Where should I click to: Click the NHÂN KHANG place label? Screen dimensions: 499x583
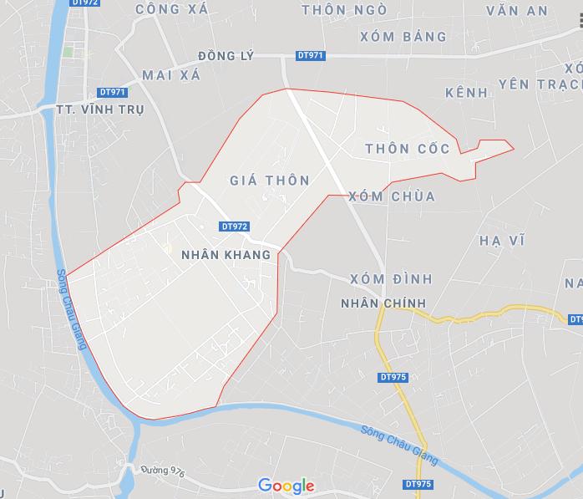point(225,255)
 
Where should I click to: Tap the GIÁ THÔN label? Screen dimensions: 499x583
point(269,181)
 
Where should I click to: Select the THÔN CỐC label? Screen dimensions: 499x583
point(408,149)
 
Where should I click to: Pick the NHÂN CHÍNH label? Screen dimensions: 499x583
point(384,303)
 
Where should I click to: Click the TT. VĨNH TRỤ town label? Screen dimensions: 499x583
point(100,109)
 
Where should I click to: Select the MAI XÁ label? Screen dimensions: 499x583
point(168,75)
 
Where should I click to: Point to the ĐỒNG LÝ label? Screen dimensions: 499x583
point(225,55)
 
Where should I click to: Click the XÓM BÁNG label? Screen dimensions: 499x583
point(403,37)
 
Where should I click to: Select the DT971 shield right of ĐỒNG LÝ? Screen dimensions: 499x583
point(311,56)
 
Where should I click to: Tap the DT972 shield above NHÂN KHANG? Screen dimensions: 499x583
point(236,227)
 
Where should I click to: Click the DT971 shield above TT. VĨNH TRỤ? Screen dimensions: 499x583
point(112,92)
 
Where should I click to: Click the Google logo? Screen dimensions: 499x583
point(286,486)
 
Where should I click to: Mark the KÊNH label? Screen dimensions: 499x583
point(466,93)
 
